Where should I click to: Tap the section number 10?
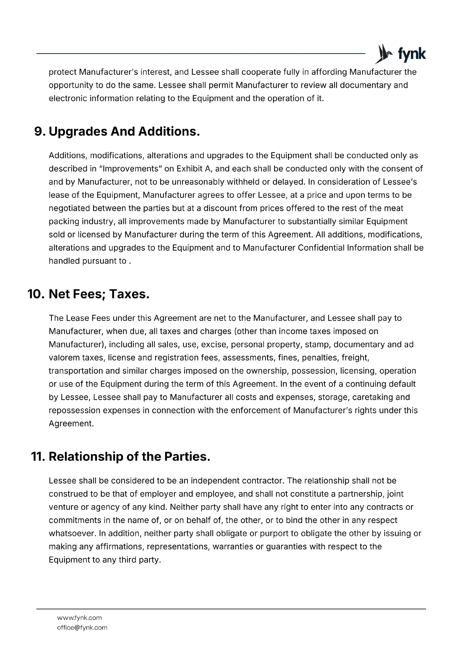(x=36, y=294)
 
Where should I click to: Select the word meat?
(x=393, y=208)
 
